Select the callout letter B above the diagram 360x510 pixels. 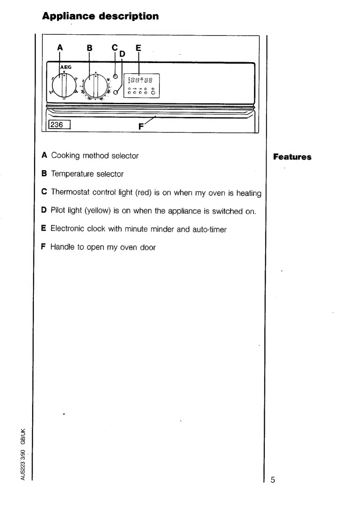click(90, 48)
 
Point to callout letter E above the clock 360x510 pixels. click(138, 48)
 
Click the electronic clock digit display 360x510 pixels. click(141, 80)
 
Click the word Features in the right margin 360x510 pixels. click(292, 157)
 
